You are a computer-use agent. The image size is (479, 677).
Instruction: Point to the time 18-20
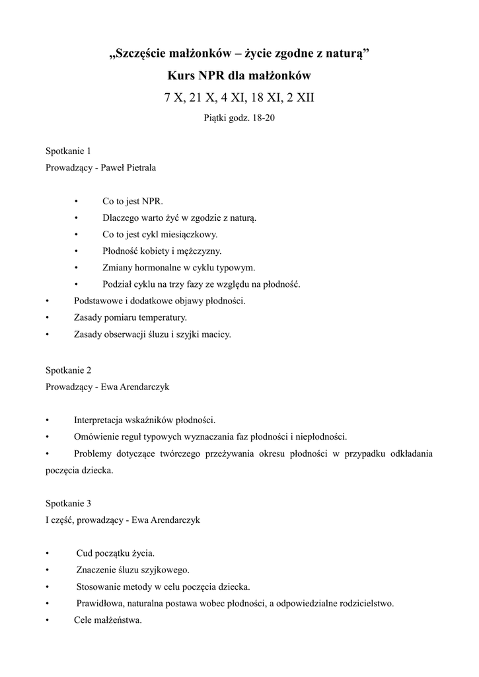click(x=254, y=119)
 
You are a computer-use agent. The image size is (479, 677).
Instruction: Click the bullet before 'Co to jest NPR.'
click(x=77, y=201)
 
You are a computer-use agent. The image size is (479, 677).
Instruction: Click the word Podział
click(x=118, y=284)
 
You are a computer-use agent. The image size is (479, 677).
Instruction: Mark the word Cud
click(x=84, y=553)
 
